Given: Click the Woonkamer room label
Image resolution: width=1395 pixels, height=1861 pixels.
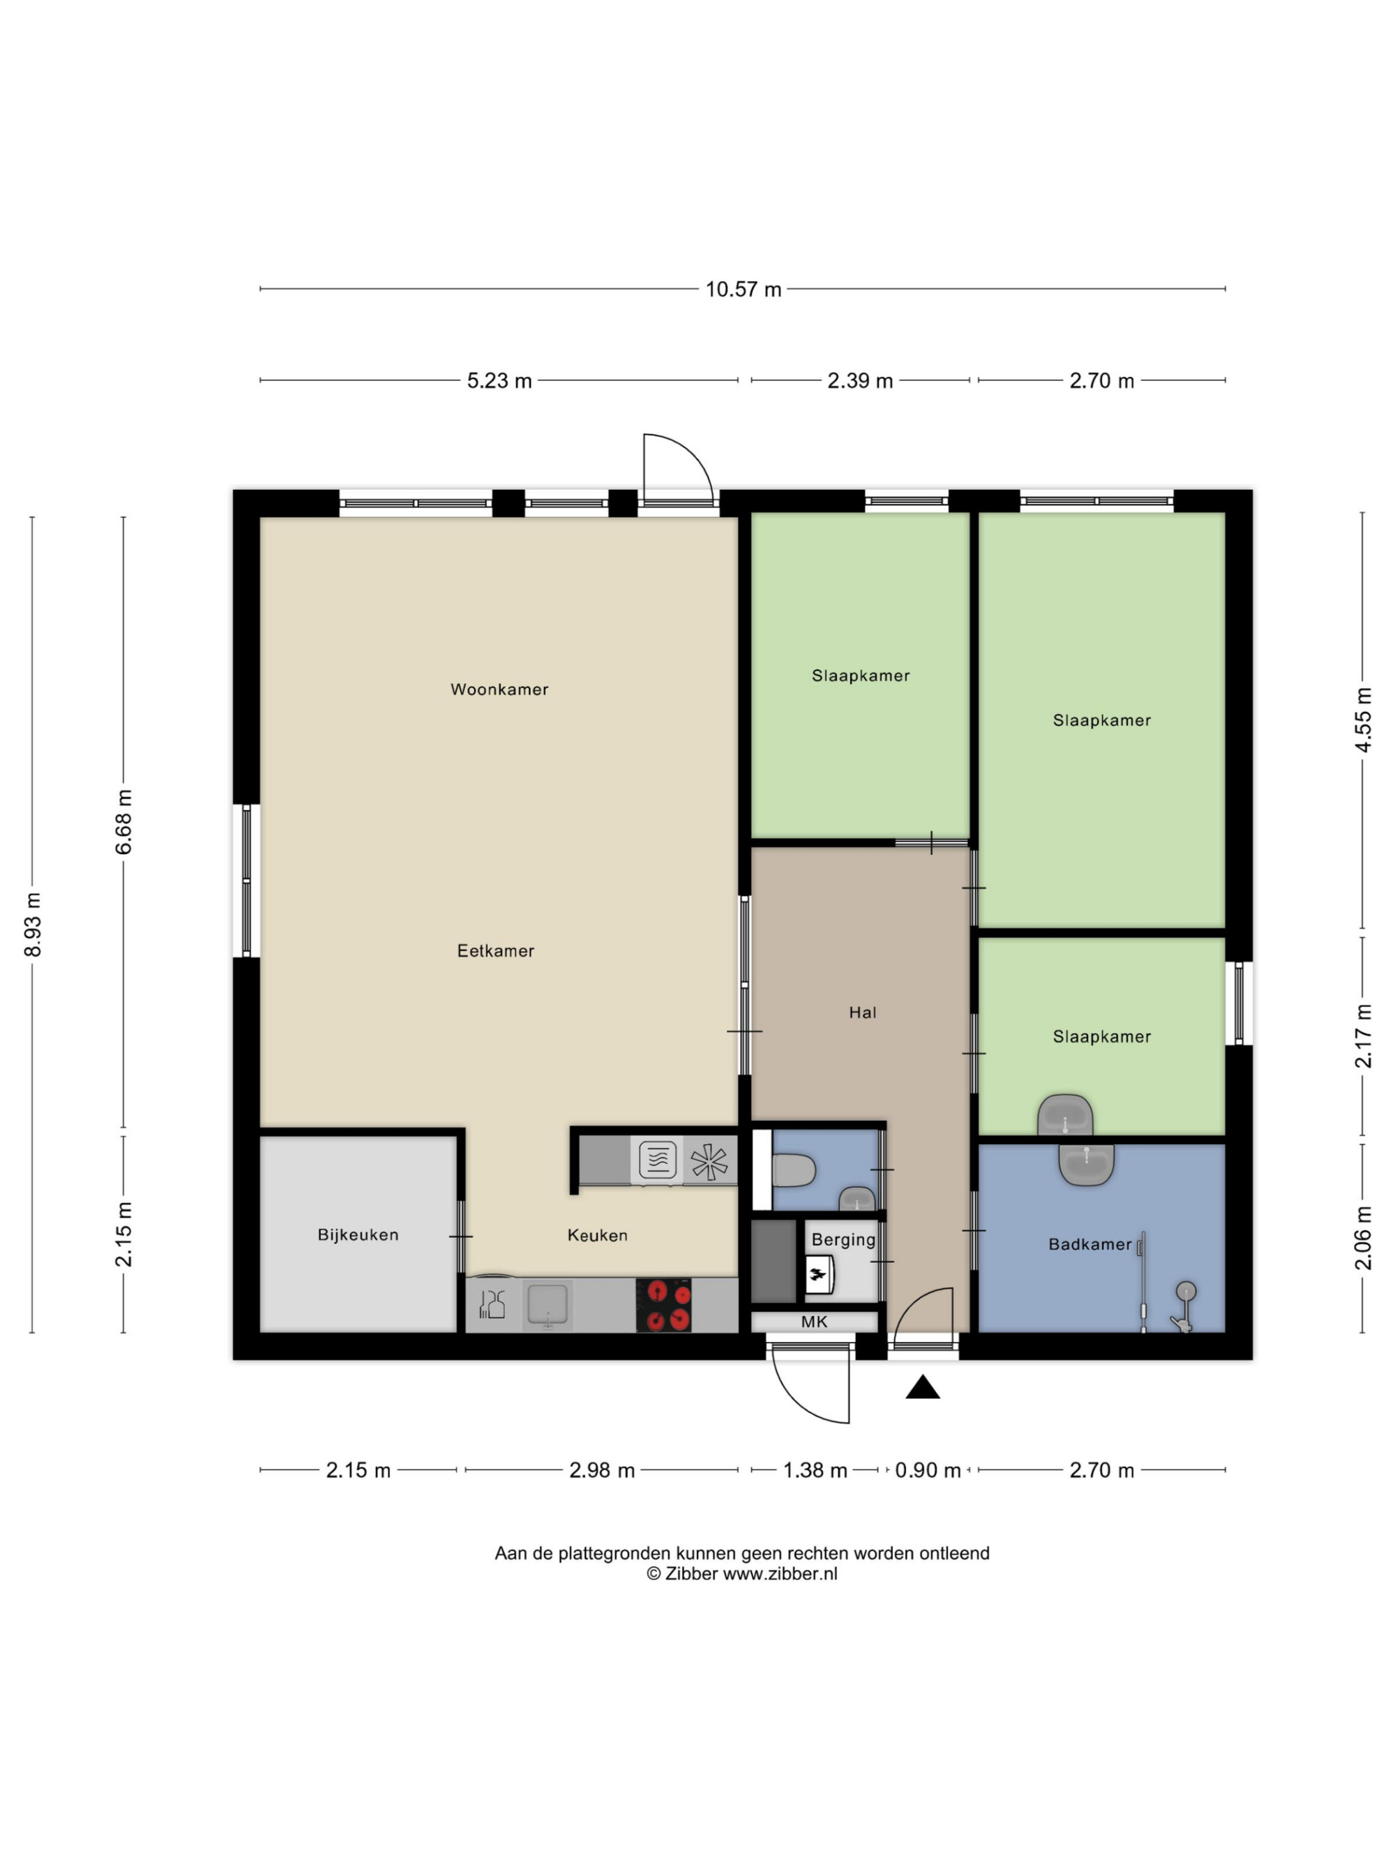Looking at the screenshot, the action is coord(499,690).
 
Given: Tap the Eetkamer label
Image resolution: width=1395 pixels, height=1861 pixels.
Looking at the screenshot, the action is coord(495,950).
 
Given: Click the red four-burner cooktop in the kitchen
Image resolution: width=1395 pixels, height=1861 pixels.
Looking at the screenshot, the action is coord(663,1305).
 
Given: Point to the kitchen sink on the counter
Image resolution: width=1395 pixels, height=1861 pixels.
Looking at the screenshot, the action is coord(548,1305).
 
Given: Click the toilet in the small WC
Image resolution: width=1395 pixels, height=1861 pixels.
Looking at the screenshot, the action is coord(793,1169).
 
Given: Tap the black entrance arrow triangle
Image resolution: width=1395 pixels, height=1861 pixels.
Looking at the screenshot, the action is coord(922,1387).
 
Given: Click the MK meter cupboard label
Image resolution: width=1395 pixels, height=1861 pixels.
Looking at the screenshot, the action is coord(814,1322).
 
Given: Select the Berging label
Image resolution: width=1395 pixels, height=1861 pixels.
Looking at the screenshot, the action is coord(843,1240).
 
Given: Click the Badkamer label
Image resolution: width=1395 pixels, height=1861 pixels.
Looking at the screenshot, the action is coord(1089,1244).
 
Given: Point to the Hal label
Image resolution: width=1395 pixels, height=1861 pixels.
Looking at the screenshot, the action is coord(863,1013).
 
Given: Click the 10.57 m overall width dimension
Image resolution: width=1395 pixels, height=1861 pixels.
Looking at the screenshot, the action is coord(744,290).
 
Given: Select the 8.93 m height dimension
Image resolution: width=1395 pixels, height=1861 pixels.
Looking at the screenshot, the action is coord(33,925).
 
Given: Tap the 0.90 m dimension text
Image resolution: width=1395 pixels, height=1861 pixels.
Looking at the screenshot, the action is coord(928,1471).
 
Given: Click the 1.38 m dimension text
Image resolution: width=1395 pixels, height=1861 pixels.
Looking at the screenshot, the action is coord(815,1471).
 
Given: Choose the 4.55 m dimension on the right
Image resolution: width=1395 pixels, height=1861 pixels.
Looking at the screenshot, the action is coord(1363,720).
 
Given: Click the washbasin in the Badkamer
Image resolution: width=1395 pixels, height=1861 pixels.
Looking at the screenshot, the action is coord(1087,1165).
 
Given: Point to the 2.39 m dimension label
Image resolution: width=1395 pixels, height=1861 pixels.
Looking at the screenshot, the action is coord(860,381).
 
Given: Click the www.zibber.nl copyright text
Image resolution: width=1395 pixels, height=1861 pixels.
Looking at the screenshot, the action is coord(781,1574).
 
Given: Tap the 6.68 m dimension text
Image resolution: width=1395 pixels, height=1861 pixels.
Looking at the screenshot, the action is coord(124,822).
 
